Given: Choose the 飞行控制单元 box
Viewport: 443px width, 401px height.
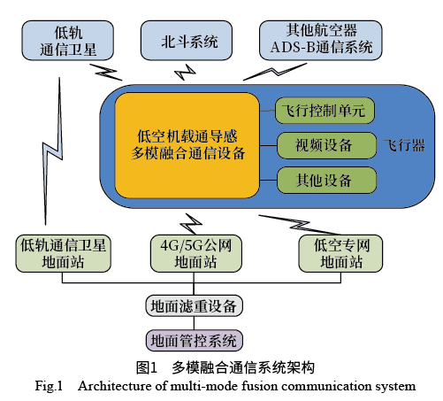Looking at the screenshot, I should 326,112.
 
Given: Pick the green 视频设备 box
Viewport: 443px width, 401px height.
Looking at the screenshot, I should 326,145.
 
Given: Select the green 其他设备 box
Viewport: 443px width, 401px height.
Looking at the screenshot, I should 326,179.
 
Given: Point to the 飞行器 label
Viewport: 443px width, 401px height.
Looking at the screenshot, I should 406,144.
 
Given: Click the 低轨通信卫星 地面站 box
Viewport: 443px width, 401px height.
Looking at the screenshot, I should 63,253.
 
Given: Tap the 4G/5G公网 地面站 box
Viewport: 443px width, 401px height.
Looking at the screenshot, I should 194,253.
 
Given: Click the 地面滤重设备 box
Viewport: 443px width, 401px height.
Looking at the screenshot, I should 194,306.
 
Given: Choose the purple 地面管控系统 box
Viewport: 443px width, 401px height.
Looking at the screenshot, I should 194,340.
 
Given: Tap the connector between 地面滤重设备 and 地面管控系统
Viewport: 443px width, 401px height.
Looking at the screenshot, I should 194,323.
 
